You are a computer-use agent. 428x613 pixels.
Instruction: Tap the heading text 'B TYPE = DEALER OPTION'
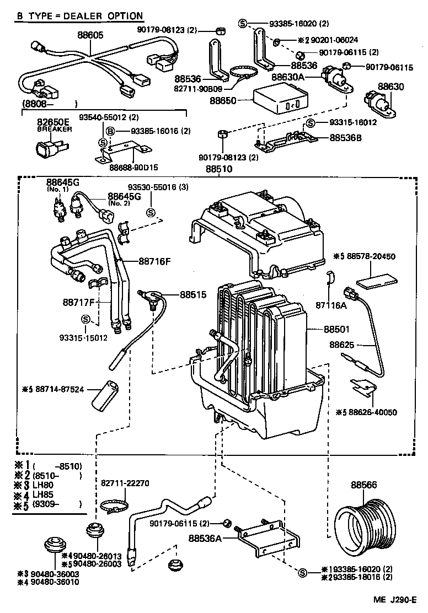(79, 17)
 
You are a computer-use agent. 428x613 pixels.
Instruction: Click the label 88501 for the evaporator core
(336, 329)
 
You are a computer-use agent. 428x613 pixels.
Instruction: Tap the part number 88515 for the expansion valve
(192, 295)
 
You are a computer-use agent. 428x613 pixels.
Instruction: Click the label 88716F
(155, 261)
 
